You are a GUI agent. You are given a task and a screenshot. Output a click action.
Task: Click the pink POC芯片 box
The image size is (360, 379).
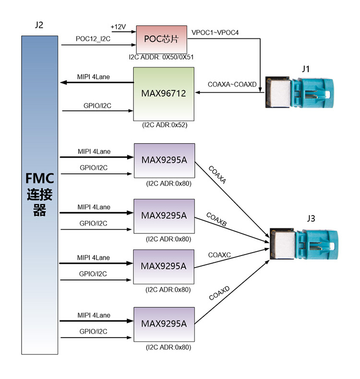[161, 39]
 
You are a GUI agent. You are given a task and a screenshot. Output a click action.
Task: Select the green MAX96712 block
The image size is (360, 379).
[164, 94]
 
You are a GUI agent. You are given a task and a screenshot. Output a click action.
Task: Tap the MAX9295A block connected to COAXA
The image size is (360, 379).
[164, 160]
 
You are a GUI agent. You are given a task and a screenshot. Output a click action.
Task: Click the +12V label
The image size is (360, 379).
[118, 26]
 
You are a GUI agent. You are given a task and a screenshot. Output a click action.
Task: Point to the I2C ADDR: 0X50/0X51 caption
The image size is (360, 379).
[161, 58]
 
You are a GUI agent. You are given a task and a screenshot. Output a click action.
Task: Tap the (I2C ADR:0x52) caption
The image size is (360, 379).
[163, 125]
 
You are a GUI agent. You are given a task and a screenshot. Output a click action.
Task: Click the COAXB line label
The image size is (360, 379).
[216, 219]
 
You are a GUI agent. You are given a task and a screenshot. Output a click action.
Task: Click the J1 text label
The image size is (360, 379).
[306, 69]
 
